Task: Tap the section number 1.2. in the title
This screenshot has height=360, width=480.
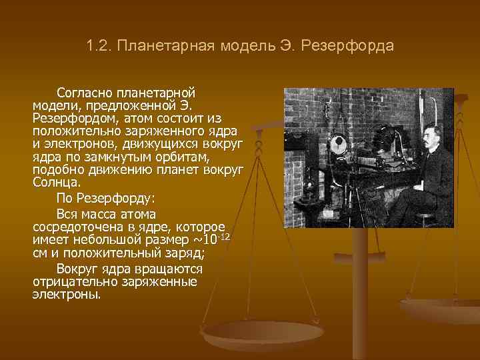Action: (x=99, y=47)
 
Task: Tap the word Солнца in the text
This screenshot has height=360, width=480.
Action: (x=55, y=182)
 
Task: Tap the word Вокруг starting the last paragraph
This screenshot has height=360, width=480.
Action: (x=78, y=269)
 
